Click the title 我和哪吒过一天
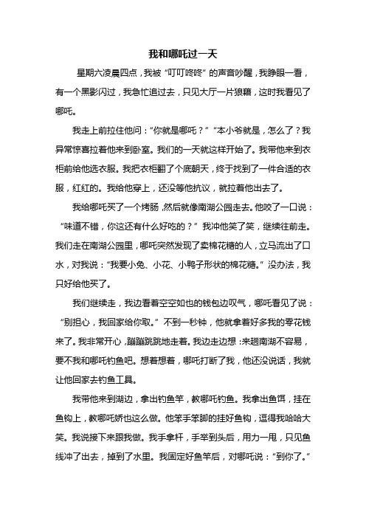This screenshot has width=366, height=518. [182, 54]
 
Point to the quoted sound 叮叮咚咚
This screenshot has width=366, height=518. [204, 75]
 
